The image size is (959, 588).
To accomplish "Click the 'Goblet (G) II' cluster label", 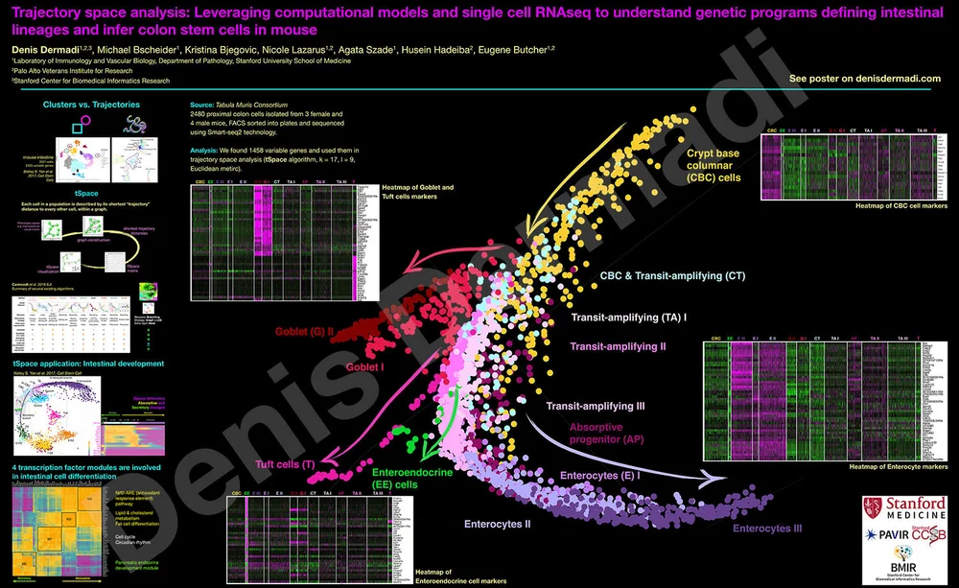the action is tap(302, 332).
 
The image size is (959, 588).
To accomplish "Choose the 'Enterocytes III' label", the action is tap(767, 529).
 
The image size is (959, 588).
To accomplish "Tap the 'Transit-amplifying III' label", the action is tap(596, 407).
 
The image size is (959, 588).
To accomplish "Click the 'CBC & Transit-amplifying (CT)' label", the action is tap(672, 275).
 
